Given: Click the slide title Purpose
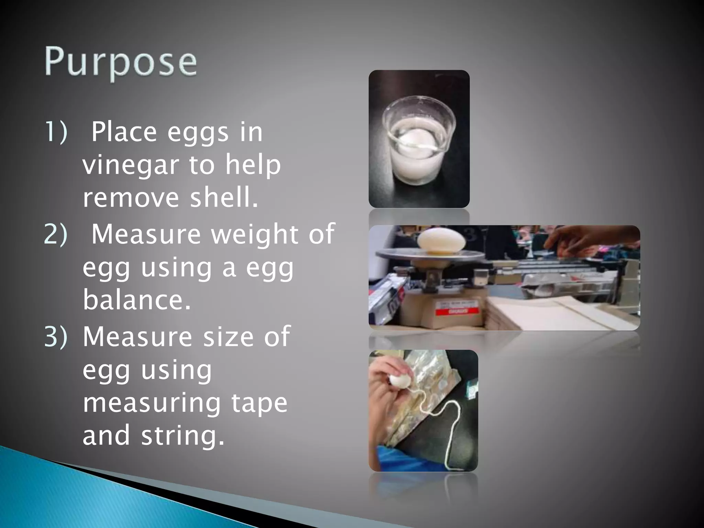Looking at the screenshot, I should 121,63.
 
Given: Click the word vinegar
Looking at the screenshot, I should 131,165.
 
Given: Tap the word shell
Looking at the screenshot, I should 224,198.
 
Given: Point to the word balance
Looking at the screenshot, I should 136,300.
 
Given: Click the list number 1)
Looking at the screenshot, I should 56,132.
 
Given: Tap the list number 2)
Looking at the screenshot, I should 56,234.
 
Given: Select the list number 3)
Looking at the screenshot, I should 56,337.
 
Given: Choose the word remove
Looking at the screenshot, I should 131,198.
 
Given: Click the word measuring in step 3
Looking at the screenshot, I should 152,404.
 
